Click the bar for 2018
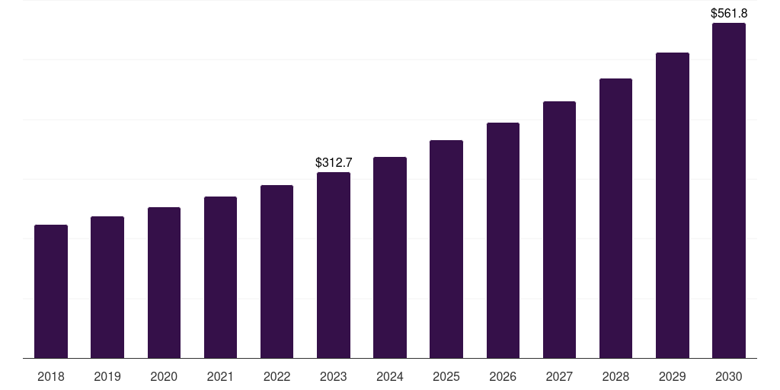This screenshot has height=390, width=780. click(x=51, y=292)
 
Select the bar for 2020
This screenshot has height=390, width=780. click(x=164, y=283)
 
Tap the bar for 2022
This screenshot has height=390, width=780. click(x=277, y=272)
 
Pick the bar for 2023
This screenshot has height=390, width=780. click(x=334, y=265)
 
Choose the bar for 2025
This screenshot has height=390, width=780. click(x=446, y=249)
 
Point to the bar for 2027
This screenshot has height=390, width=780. click(x=559, y=230)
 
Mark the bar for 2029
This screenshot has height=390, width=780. click(x=673, y=206)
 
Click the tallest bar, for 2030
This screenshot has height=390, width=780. click(x=729, y=190)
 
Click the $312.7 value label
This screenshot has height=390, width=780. click(x=334, y=162)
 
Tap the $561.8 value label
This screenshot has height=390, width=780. click(x=729, y=13)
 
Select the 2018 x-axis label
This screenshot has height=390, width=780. click(x=51, y=376)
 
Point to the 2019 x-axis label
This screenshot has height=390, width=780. click(x=107, y=376)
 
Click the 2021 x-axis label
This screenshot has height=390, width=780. click(x=220, y=376)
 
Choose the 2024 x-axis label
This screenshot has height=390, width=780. click(x=390, y=376)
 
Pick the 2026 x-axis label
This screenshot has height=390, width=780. click(x=503, y=376)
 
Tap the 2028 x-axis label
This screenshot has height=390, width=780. click(x=615, y=376)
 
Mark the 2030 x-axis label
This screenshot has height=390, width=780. click(x=729, y=376)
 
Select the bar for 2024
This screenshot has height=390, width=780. click(x=390, y=257)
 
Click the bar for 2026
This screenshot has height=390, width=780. click(x=503, y=241)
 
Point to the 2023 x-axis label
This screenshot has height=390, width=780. click(x=334, y=376)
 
